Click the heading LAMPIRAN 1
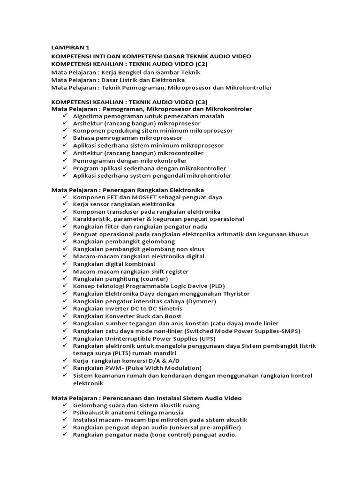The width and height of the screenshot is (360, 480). pyautogui.click(x=70, y=48)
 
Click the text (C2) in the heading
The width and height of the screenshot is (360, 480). pyautogui.click(x=199, y=64)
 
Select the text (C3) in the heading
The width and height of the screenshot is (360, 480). pyautogui.click(x=199, y=102)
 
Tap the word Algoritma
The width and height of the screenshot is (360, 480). pyautogui.click(x=88, y=116)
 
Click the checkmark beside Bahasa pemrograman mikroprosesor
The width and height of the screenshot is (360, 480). pyautogui.click(x=64, y=138)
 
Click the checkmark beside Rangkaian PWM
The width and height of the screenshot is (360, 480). pyautogui.click(x=64, y=368)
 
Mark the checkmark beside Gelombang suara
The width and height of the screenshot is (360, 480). pyautogui.click(x=64, y=405)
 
